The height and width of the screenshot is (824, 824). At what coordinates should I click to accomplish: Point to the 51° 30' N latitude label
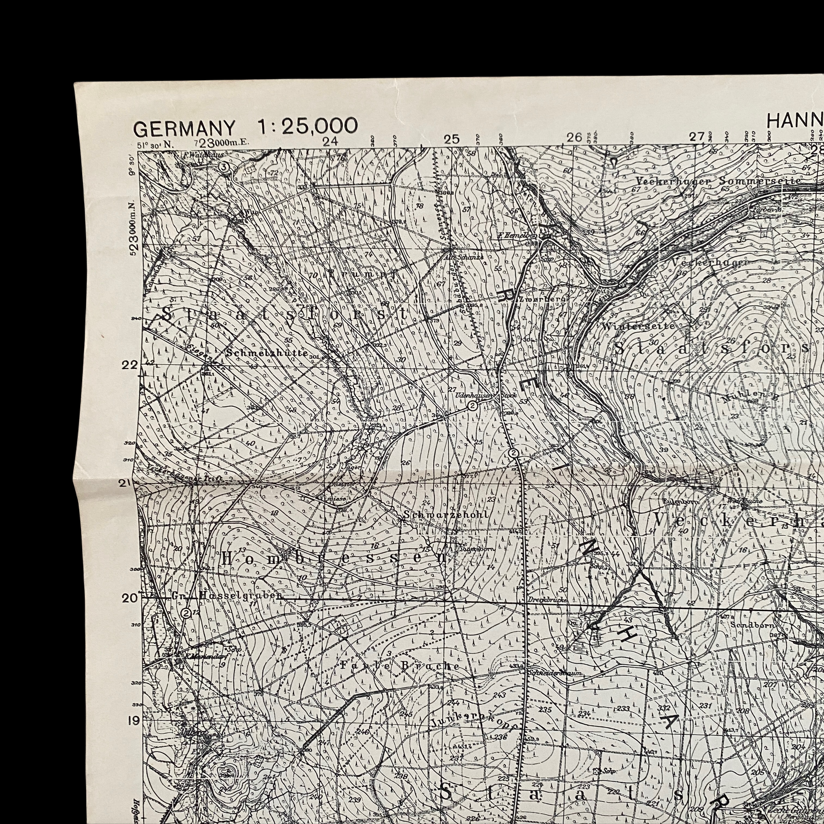tap(156, 144)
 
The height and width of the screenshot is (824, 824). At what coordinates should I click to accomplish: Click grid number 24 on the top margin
tap(330, 141)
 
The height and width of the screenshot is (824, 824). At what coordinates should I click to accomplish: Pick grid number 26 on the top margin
tap(574, 137)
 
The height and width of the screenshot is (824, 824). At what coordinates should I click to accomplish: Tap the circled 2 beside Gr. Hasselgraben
tap(185, 613)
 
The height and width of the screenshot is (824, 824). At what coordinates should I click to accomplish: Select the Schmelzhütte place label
tap(267, 354)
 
